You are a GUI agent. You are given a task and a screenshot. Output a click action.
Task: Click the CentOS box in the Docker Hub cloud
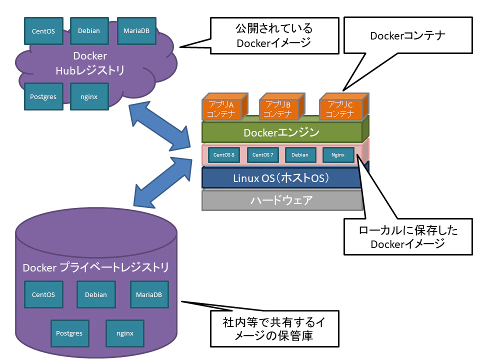tap(43, 31)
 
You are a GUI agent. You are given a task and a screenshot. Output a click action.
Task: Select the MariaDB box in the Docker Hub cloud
tap(136, 30)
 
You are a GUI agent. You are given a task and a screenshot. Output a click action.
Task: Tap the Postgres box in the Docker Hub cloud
tap(43, 96)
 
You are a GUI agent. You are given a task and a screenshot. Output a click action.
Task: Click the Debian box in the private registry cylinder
tap(95, 294)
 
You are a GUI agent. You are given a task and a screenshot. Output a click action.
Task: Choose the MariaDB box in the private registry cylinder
tap(149, 294)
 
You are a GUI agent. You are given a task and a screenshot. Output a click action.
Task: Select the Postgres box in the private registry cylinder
tap(69, 333)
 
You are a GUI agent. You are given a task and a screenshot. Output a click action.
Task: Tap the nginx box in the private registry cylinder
tap(124, 333)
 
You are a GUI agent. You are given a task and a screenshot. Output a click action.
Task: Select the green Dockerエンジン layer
tap(281, 132)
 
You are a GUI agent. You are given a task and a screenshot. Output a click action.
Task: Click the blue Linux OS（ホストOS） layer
tap(281, 178)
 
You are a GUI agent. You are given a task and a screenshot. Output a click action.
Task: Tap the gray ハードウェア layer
tap(281, 200)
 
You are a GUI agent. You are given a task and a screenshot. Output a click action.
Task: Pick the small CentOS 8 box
tap(223, 155)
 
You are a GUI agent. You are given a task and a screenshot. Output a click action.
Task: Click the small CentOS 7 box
tap(262, 155)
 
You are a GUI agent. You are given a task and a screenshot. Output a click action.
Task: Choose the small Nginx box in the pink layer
tap(338, 155)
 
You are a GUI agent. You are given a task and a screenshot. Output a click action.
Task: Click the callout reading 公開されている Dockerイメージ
tap(274, 35)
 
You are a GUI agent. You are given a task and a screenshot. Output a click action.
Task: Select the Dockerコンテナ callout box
tap(407, 35)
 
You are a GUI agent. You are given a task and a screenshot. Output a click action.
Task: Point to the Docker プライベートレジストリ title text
tap(95, 267)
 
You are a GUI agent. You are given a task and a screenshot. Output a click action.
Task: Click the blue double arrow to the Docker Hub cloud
tap(158, 125)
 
